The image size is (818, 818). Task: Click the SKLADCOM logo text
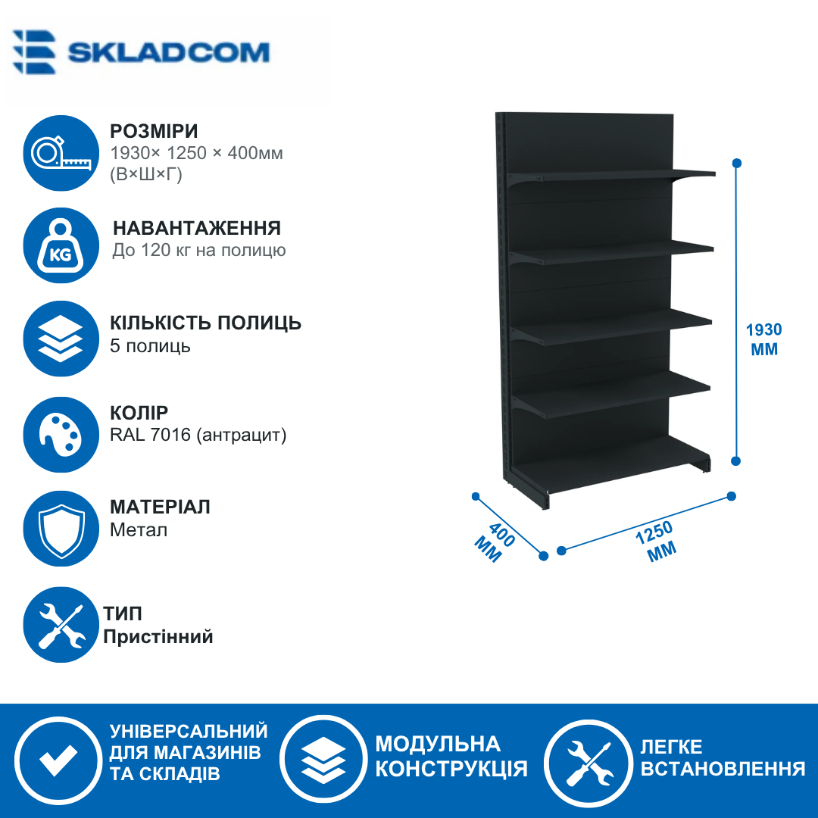168,52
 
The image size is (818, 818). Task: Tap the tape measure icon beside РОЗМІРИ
61,153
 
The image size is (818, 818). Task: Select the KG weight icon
61,245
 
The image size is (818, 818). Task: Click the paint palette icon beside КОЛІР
61,435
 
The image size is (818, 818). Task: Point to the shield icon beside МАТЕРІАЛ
61,529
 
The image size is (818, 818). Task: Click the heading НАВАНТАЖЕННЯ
197,228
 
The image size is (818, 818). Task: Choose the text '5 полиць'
150,346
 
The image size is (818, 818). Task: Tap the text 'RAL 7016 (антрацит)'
198,435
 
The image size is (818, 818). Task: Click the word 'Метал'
139,530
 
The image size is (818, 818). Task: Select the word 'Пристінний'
158,636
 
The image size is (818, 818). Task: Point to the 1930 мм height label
763,339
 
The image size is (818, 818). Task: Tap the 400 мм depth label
494,542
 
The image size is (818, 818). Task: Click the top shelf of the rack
611,175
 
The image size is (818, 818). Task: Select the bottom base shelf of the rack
610,466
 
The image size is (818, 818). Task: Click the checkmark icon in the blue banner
58,759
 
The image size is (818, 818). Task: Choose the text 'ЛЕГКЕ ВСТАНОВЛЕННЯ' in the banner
723,757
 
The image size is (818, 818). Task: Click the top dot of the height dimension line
737,164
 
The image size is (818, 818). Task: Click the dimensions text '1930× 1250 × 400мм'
197,153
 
